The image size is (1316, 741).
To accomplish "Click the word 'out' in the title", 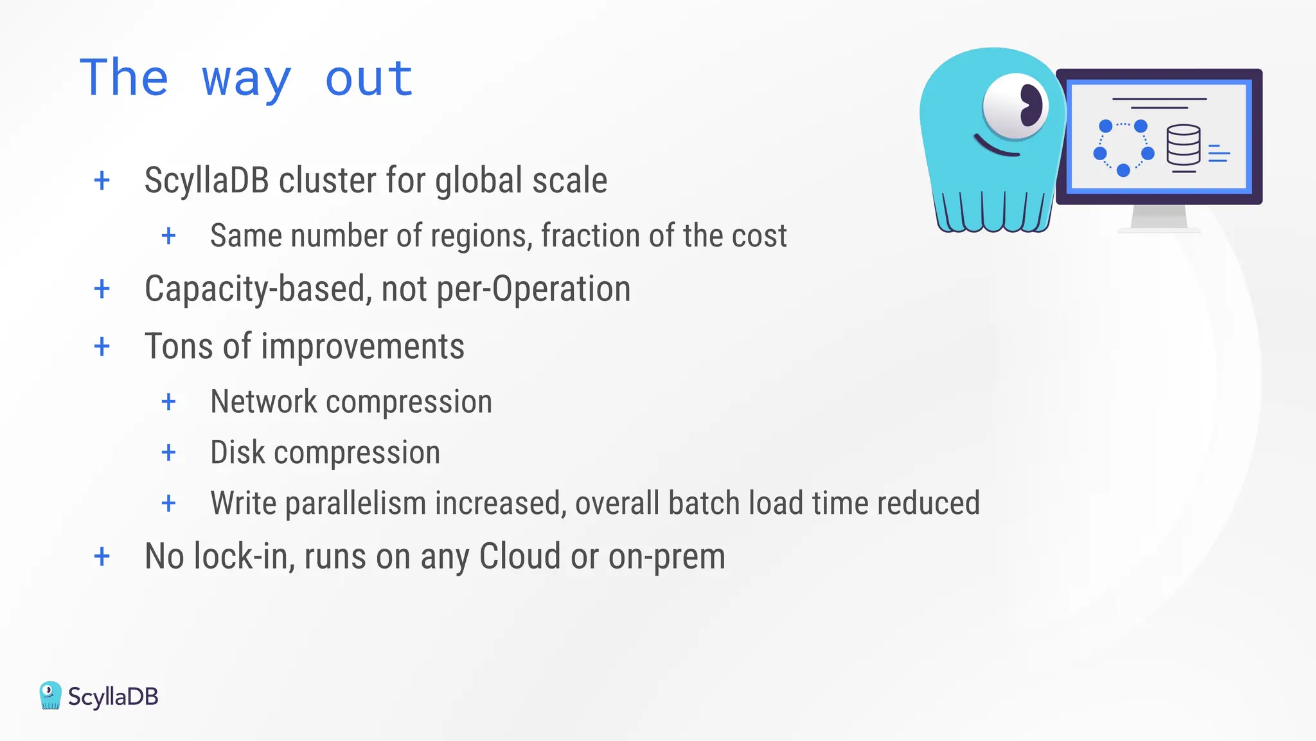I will click(369, 78).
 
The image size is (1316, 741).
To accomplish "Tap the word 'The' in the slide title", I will click(124, 78).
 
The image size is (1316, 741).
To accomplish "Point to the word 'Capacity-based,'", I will click(258, 289).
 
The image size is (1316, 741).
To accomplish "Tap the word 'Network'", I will click(263, 402).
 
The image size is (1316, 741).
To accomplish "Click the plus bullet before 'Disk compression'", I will click(168, 453).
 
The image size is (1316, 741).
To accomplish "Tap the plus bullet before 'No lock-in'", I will click(102, 556).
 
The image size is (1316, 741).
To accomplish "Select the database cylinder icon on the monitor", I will click(1183, 145).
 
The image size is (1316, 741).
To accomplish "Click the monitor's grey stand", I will click(1159, 217).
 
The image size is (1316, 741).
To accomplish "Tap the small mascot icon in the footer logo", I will click(50, 695).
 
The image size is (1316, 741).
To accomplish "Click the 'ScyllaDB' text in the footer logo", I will click(113, 697).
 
